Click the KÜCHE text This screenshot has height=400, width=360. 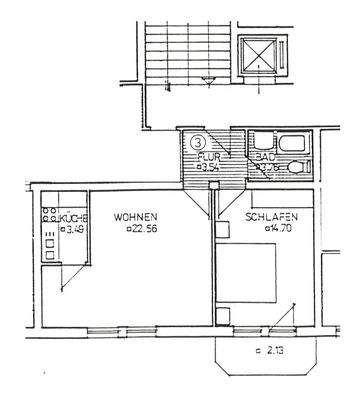73,218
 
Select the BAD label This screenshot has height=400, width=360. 266,157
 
